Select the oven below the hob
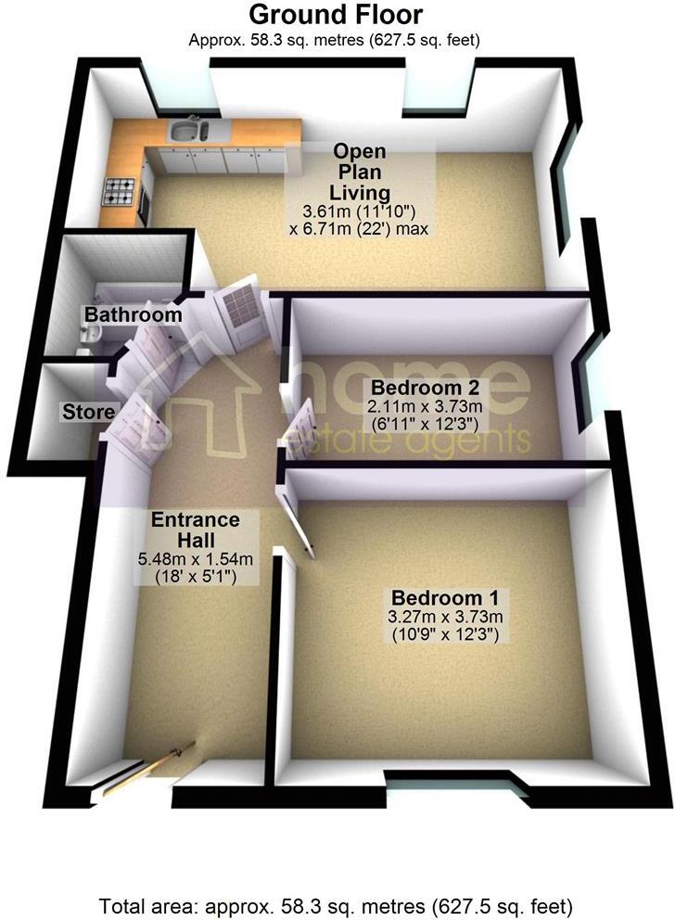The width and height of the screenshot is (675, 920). (143, 206)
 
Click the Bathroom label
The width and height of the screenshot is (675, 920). (134, 315)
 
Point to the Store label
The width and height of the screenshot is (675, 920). (89, 411)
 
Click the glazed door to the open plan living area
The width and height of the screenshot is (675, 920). (243, 313)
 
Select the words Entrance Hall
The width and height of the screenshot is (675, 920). (196, 530)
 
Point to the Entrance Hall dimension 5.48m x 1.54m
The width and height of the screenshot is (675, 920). (196, 559)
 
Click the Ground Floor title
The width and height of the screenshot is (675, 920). (337, 15)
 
